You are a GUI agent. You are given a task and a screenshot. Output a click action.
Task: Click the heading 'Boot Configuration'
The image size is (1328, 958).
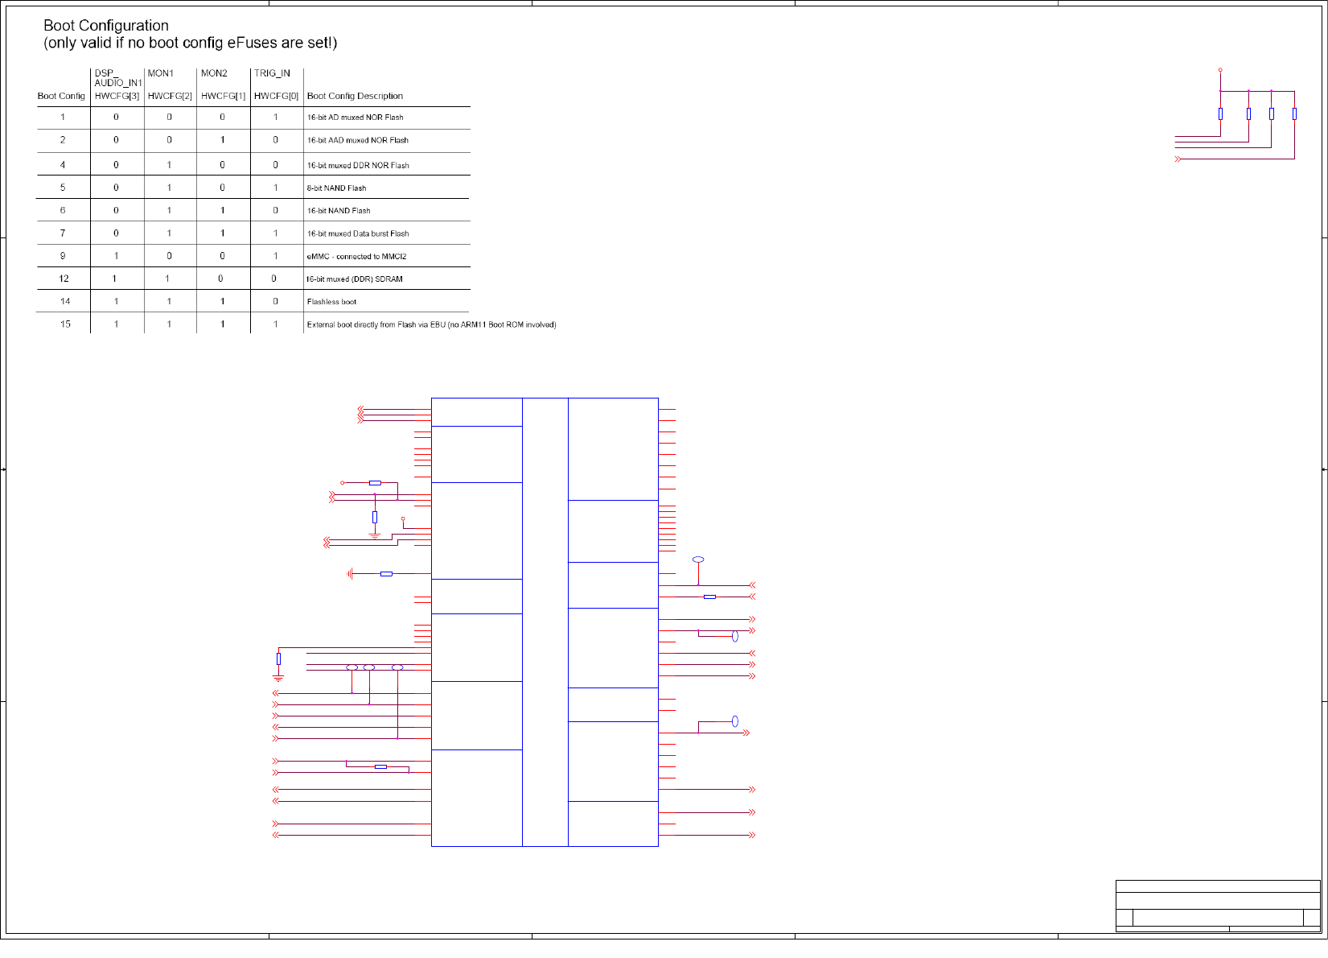(106, 26)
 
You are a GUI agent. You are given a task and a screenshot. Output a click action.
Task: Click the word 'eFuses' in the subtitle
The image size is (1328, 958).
(249, 43)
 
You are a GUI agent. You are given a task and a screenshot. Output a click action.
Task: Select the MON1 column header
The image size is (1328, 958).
(161, 73)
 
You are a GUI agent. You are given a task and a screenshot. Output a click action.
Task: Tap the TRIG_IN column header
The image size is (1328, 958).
(272, 73)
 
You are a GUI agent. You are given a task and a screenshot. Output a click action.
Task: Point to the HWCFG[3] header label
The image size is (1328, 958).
(117, 96)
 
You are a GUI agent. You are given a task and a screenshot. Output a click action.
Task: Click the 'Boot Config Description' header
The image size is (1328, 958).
(355, 96)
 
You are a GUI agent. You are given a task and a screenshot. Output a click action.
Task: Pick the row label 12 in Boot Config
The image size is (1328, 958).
(64, 279)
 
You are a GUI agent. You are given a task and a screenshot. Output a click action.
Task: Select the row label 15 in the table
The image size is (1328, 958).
(65, 324)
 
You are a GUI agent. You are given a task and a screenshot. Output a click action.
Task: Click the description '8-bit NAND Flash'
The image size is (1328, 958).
(336, 188)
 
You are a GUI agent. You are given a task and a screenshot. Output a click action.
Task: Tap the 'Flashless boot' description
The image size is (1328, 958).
(331, 302)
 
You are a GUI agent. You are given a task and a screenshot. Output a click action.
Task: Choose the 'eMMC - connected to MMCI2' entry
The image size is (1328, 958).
(356, 257)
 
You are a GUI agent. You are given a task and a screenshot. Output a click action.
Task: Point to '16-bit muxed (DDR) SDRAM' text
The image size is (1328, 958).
(354, 279)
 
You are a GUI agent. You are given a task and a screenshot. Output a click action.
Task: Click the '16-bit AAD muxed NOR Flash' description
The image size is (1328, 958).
(357, 140)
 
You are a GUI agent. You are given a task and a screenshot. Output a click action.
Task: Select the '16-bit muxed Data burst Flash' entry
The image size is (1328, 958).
(358, 233)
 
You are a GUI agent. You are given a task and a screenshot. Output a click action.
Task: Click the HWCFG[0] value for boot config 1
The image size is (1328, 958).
(276, 118)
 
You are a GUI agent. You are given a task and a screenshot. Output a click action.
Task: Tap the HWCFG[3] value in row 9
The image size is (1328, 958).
(117, 256)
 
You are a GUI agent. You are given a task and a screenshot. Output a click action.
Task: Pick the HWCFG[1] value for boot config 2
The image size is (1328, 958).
(223, 140)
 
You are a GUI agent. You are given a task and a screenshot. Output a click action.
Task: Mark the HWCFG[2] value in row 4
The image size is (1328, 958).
(169, 165)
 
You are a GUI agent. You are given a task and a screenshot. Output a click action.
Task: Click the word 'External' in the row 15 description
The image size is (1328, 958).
(321, 325)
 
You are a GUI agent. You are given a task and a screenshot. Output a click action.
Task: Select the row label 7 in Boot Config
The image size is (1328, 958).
(63, 233)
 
